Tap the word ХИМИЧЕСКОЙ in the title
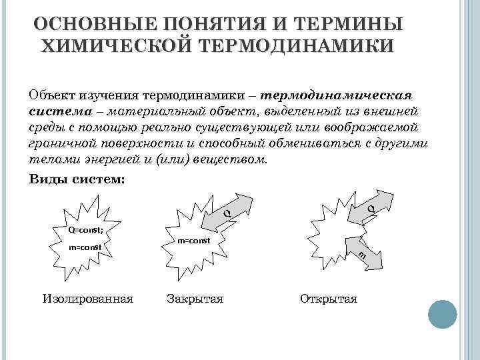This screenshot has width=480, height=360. pyautogui.click(x=117, y=46)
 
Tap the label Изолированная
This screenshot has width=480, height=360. pyautogui.click(x=87, y=298)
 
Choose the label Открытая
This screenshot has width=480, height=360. pyautogui.click(x=329, y=298)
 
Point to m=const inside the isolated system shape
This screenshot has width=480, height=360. pyautogui.click(x=85, y=247)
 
